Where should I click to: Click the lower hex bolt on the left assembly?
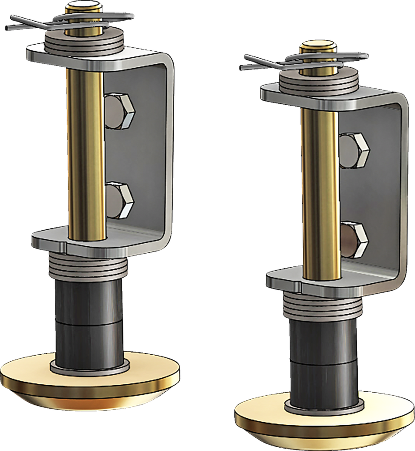120,201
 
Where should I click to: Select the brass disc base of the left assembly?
89,380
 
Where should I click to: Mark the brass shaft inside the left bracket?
85,150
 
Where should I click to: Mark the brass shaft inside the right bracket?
320,193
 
